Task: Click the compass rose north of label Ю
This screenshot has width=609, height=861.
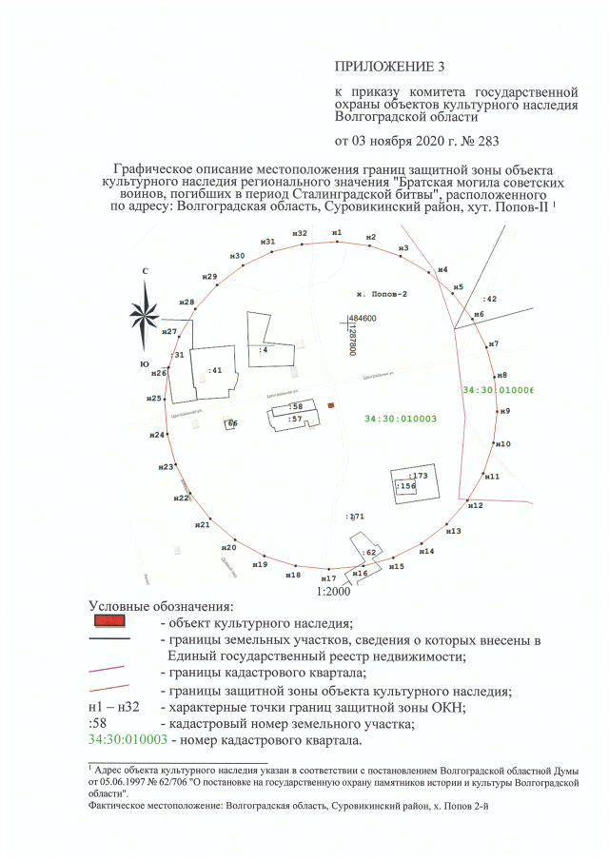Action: [x=146, y=311]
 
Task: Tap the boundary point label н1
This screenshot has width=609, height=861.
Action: [x=336, y=232]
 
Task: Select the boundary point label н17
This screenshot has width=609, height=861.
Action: [x=328, y=578]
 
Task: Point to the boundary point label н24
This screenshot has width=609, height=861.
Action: [x=158, y=435]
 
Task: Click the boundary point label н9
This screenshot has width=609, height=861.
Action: [x=504, y=411]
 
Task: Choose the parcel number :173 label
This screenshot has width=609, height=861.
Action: [x=418, y=474]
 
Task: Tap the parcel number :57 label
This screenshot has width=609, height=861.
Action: [x=296, y=419]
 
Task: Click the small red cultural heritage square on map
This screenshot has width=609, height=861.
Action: [x=331, y=405]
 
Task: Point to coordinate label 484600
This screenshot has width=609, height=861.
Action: [x=363, y=319]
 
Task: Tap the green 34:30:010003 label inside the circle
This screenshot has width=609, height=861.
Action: [x=400, y=419]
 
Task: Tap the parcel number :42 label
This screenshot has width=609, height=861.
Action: [x=490, y=299]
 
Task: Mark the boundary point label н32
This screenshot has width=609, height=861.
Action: [x=300, y=233]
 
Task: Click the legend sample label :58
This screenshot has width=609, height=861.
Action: [x=96, y=724]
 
